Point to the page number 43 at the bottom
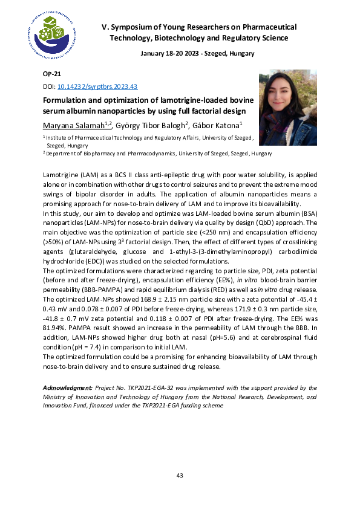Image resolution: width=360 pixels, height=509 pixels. coord(180,476)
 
